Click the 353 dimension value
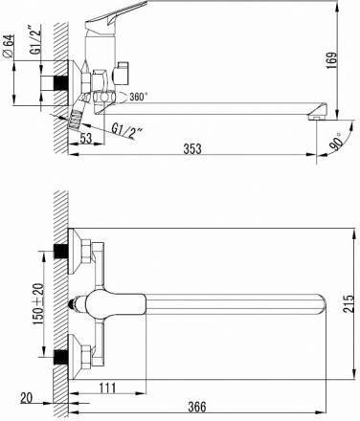click(x=192, y=148)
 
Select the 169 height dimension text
click(x=332, y=60)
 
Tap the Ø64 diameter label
click(x=9, y=46)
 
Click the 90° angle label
click(x=337, y=142)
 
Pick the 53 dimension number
click(x=86, y=139)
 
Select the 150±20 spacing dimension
click(x=38, y=304)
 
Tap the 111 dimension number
click(x=107, y=388)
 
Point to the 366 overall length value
click(x=197, y=407)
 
